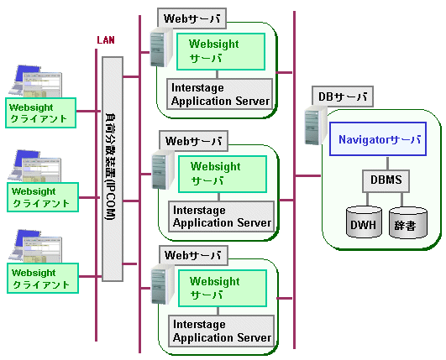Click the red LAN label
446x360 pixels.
tap(106, 40)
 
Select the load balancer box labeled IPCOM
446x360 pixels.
tap(113, 169)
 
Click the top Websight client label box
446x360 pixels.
tap(40, 112)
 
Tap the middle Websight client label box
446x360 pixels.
tap(43, 197)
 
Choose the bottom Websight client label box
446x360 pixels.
tap(43, 278)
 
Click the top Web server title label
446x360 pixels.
tap(192, 18)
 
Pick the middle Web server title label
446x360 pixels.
tap(193, 141)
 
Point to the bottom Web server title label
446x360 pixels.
tap(193, 255)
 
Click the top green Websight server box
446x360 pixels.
tap(221, 51)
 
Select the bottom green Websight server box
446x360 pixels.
tap(223, 288)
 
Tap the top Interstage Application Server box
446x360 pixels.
tap(219, 94)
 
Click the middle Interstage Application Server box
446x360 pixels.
tap(221, 217)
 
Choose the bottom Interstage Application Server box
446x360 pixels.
tap(221, 331)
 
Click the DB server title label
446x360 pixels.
tap(343, 97)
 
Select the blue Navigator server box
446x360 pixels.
tap(378, 139)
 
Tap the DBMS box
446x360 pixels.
tap(386, 180)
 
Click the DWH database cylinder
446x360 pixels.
tap(364, 222)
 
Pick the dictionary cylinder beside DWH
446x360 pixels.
tap(408, 222)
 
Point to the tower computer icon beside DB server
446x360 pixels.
tap(315, 126)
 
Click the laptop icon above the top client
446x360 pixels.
tap(35, 81)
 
